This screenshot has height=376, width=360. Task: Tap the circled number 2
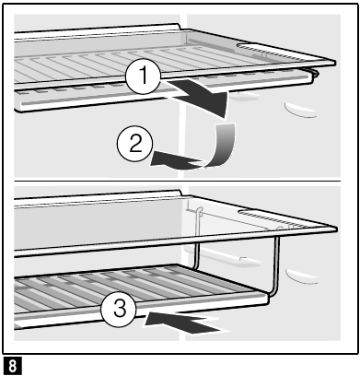[x=134, y=145]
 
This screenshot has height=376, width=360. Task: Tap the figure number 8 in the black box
[x=11, y=366]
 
